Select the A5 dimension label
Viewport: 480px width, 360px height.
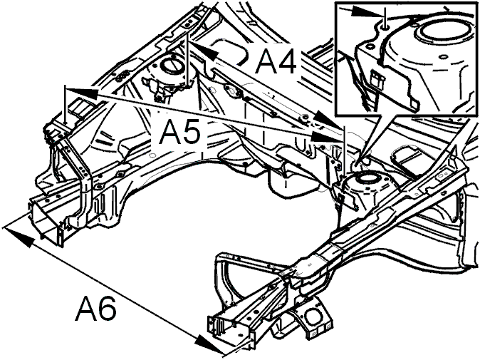point(177,133)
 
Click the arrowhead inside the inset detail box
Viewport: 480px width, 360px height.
point(375,12)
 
